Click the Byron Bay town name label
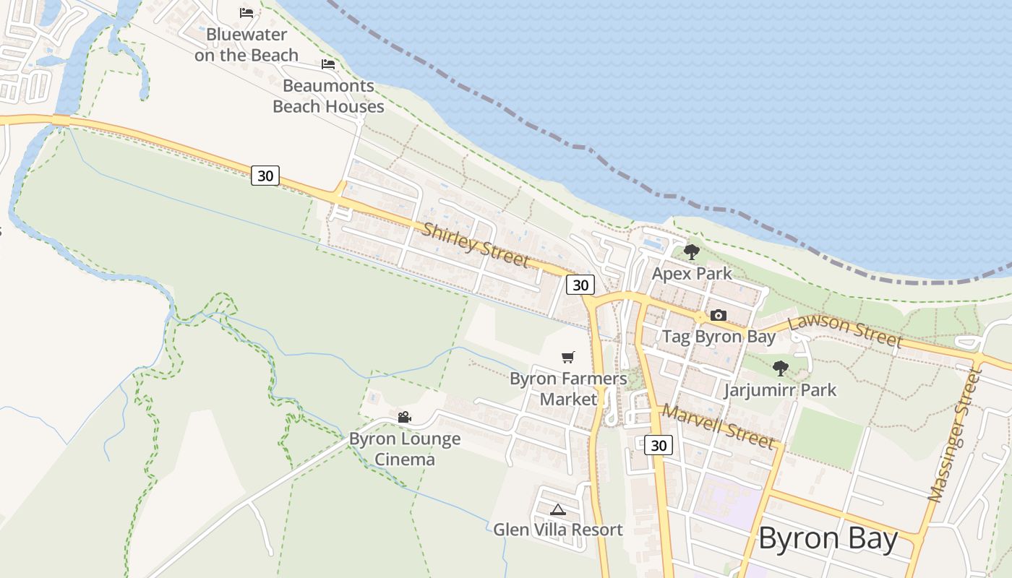point(828,539)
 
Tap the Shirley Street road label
point(475,244)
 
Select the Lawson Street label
point(845,331)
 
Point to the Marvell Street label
point(718,426)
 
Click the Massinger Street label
point(956,436)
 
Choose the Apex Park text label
point(692,274)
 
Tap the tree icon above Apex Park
point(692,252)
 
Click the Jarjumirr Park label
point(780,390)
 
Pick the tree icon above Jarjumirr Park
point(780,368)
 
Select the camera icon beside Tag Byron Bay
point(718,315)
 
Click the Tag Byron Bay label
point(719,337)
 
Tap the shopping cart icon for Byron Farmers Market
point(568,357)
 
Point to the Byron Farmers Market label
point(568,389)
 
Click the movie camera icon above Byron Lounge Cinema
point(404,418)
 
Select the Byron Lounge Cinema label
point(405,449)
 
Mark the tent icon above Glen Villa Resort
point(557,509)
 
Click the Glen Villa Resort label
point(557,530)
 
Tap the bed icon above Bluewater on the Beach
point(246,12)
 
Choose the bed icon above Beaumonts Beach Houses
point(328,64)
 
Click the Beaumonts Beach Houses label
point(328,96)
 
